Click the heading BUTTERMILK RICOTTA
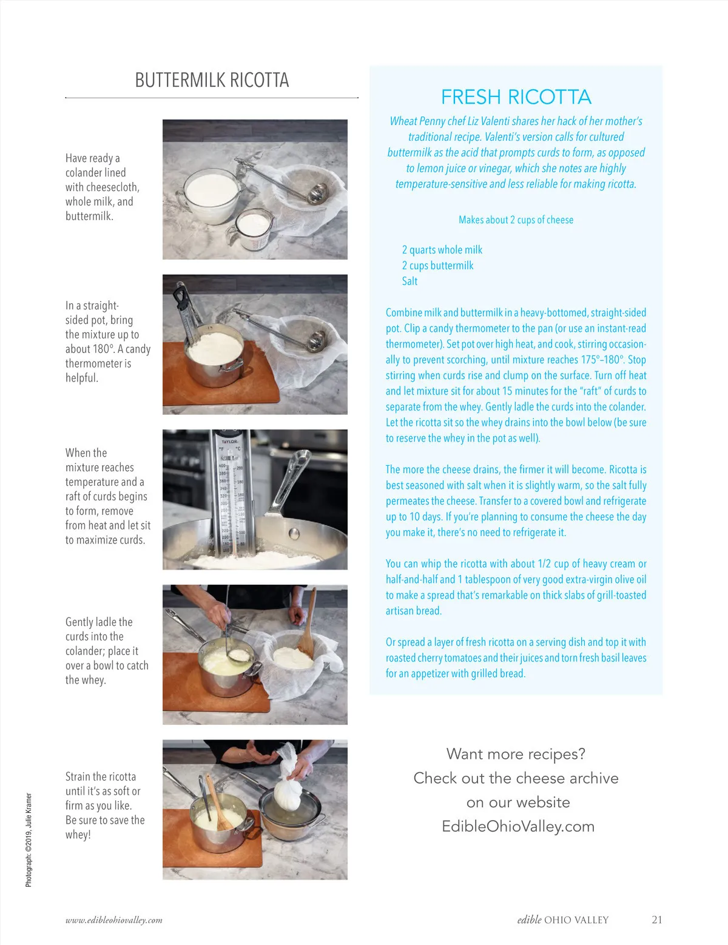point(212,80)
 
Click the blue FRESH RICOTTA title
point(516,97)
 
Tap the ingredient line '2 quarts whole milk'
point(442,250)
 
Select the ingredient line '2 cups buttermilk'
point(437,265)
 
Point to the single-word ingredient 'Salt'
point(409,281)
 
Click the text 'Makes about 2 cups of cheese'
point(516,220)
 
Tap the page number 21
point(656,920)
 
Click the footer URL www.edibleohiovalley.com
point(114,920)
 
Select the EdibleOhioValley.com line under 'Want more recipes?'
point(518,826)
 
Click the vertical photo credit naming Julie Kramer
point(29,839)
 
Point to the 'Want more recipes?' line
point(516,754)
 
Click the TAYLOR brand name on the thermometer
point(229,442)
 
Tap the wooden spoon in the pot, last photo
point(219,803)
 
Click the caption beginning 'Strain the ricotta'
point(105,805)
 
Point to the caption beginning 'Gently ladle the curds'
point(107,651)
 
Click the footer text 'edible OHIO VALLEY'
point(563,920)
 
